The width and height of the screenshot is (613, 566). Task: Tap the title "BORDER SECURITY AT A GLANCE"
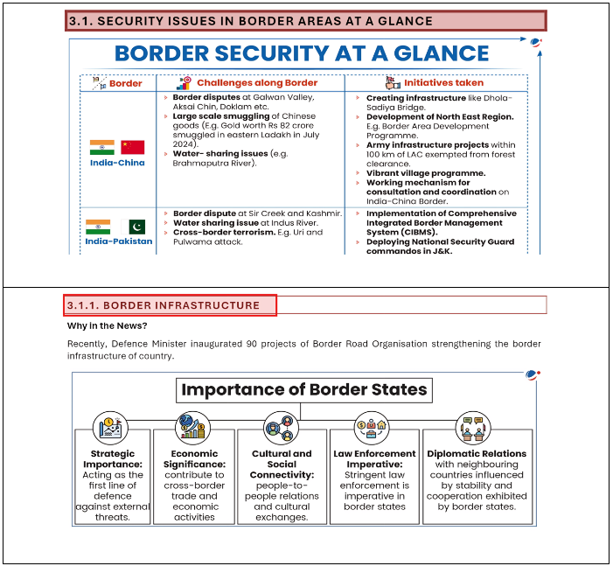(302, 53)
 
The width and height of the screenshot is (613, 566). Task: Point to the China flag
(133, 146)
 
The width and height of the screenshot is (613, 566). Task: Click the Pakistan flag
(136, 227)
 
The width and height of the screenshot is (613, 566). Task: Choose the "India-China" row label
(117, 163)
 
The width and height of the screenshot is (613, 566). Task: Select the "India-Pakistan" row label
(119, 241)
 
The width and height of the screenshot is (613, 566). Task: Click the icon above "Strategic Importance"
(110, 427)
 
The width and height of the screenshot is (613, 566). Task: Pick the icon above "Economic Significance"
(192, 427)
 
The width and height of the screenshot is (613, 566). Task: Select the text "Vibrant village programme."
(417, 173)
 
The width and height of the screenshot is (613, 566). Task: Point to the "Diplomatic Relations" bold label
(477, 453)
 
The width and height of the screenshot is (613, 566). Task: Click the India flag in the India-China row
(102, 146)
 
